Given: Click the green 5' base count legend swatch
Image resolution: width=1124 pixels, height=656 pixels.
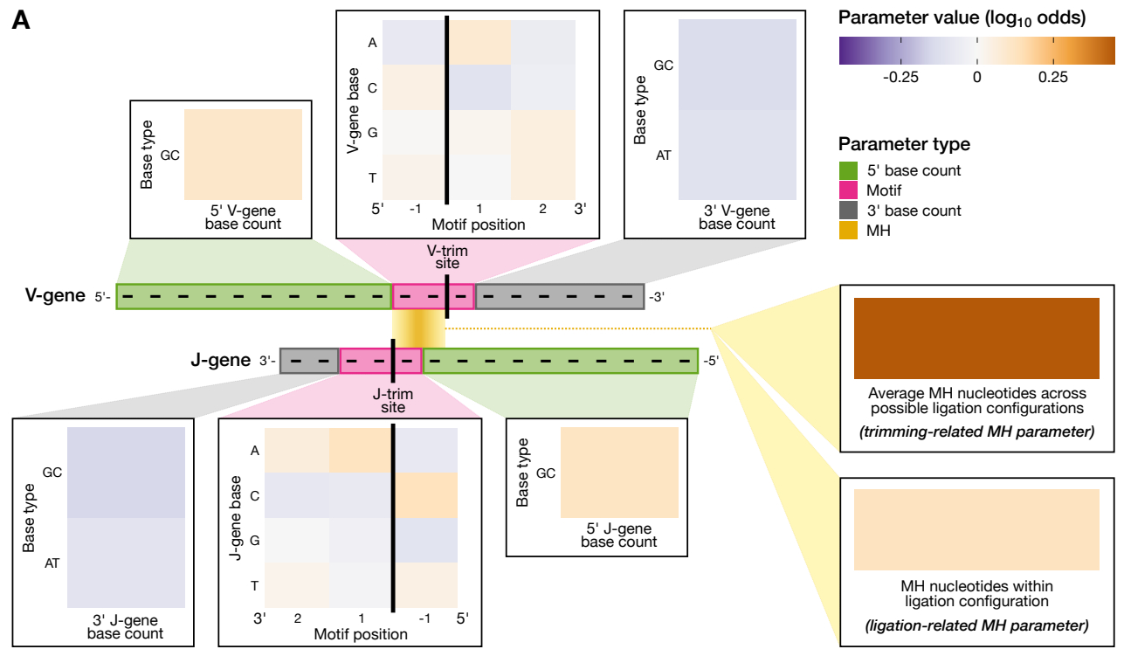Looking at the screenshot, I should coord(847,170).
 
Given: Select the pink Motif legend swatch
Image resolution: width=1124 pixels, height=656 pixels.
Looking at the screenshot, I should coord(847,190).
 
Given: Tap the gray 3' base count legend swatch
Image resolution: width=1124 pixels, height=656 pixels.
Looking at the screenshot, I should coord(847,211).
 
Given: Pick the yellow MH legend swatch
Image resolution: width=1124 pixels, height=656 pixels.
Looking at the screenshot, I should coord(847,231).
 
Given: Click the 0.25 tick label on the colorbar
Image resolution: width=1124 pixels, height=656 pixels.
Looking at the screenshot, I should coord(1053,76).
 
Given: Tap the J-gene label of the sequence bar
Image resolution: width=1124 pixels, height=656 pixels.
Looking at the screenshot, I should coord(221,360).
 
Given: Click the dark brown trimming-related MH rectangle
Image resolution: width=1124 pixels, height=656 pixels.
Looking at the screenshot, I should coord(976,337).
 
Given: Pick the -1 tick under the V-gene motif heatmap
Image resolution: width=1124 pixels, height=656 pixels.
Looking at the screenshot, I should coord(416,209).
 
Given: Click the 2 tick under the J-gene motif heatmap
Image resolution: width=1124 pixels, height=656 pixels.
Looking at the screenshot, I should coord(298,618).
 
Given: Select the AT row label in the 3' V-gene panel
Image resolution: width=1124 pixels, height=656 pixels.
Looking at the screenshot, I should coord(664,156).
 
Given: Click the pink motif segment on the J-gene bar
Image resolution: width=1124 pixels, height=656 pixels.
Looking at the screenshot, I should coord(381,361).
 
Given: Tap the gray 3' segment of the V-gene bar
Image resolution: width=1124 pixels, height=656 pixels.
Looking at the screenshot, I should coord(559,297).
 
